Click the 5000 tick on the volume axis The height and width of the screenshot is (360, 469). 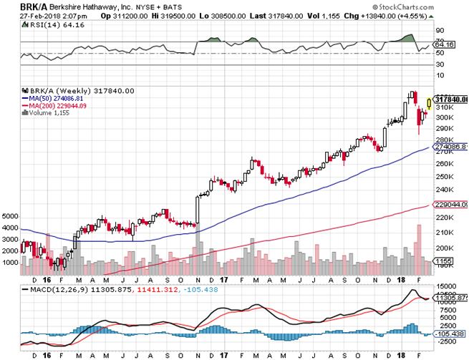(9, 215)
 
